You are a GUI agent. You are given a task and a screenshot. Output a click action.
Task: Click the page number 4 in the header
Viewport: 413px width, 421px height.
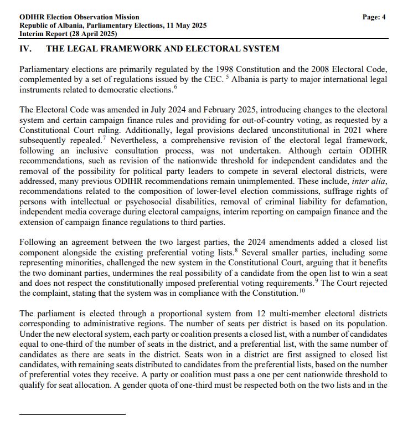(x=383, y=17)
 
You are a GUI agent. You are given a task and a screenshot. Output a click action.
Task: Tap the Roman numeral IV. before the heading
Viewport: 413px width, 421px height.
(x=25, y=49)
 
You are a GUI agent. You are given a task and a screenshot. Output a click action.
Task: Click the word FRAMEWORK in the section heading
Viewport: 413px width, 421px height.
(x=142, y=49)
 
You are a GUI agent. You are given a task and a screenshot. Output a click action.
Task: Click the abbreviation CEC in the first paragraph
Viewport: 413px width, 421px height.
(x=212, y=80)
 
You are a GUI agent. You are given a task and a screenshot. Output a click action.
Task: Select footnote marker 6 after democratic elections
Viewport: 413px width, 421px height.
(x=175, y=88)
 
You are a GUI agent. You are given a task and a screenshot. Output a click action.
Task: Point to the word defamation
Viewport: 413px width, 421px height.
(x=364, y=202)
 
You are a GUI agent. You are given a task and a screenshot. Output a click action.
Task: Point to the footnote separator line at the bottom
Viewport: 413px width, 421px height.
(x=72, y=414)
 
